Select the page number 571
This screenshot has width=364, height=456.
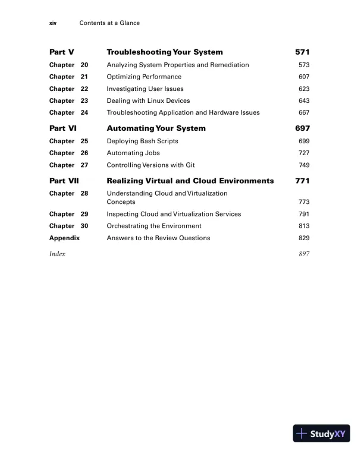303,52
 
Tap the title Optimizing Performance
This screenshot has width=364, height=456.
144,77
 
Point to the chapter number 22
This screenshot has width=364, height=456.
84,89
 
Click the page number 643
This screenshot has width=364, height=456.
304,100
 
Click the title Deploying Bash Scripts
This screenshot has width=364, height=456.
142,141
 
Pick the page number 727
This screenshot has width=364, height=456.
304,153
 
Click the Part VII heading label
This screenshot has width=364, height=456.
66,181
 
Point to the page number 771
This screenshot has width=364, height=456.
303,181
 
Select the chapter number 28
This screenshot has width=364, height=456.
84,193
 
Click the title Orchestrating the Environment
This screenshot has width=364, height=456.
154,226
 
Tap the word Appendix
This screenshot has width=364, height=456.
64,238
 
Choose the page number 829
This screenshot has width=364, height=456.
304,238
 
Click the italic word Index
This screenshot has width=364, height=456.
57,254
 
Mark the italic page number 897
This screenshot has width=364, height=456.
304,254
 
